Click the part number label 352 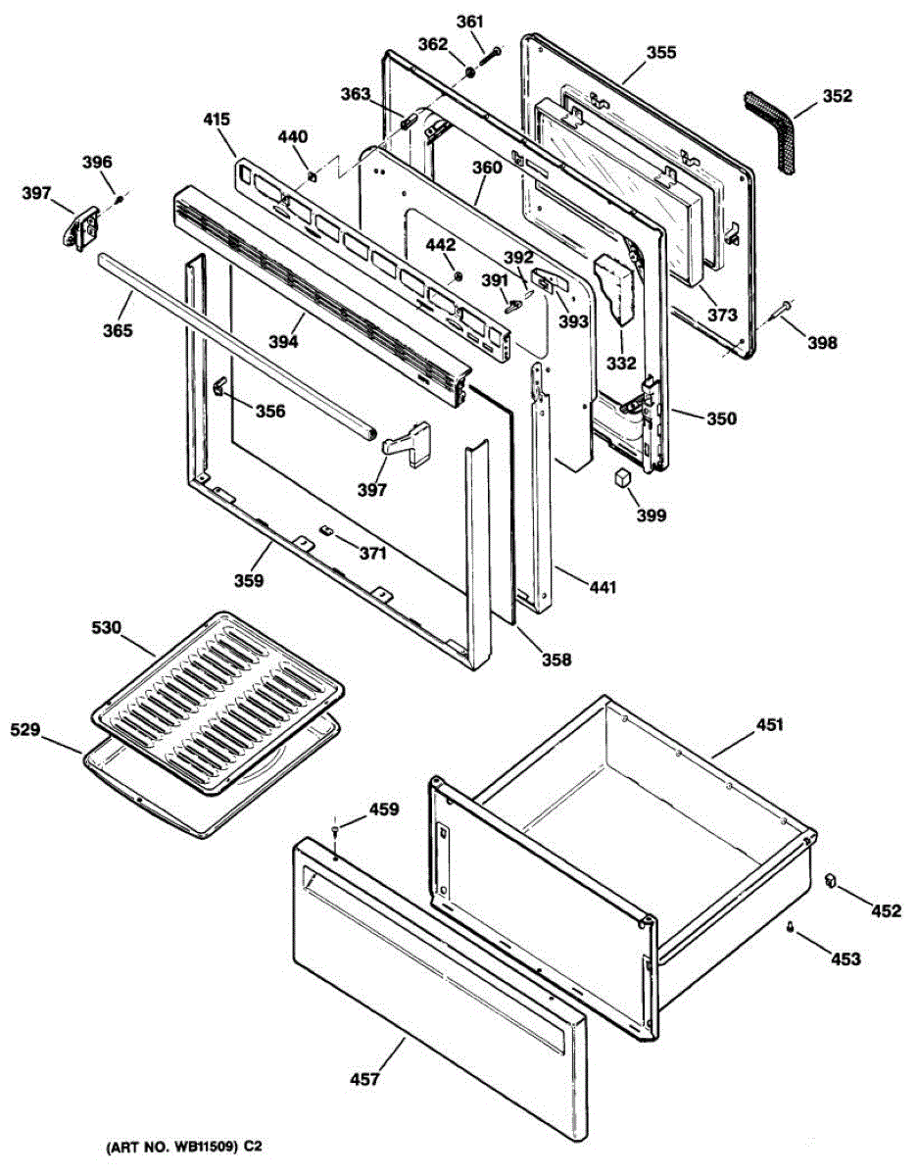coord(837,96)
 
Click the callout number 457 coord(363,1079)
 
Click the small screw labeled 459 coord(337,831)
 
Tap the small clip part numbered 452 coord(830,877)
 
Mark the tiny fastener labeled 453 coord(789,927)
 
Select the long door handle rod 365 coord(235,343)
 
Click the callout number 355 coord(660,53)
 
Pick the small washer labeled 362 coord(471,73)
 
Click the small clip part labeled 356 coord(218,387)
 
